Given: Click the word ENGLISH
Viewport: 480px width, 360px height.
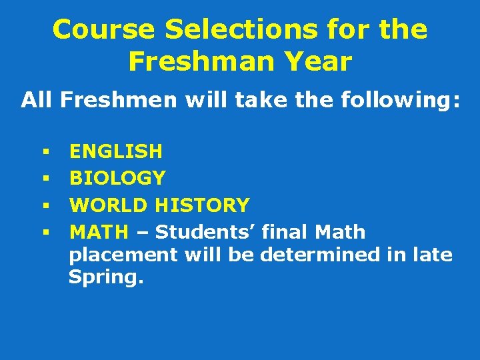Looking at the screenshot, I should point(116,151).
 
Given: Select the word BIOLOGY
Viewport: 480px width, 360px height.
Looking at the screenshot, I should point(117,178).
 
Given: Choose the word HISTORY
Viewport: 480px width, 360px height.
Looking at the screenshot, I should point(202,205).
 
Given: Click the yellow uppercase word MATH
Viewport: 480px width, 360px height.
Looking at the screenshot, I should point(99,232).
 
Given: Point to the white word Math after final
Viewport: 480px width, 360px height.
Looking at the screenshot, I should point(340,232).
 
